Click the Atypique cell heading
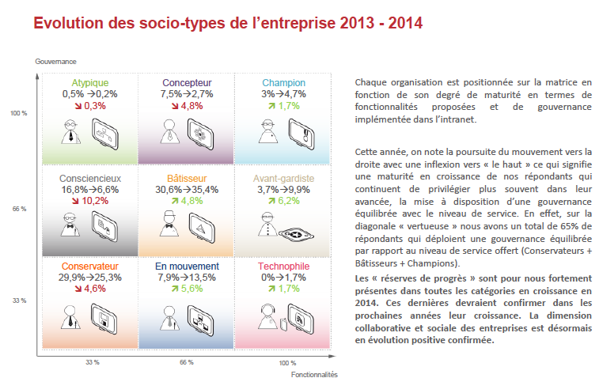pyautogui.click(x=89, y=83)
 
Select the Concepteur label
pyautogui.click(x=186, y=83)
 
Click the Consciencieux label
pyautogui.click(x=89, y=178)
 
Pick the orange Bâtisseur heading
pyautogui.click(x=186, y=178)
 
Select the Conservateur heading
pyautogui.click(x=89, y=266)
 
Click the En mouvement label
pyautogui.click(x=186, y=266)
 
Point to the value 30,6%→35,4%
pyautogui.click(x=186, y=190)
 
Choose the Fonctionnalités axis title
pyautogui.click(x=314, y=374)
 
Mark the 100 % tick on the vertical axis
pyautogui.click(x=18, y=114)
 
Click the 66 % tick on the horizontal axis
pyautogui.click(x=186, y=361)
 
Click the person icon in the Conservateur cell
pyautogui.click(x=70, y=318)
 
